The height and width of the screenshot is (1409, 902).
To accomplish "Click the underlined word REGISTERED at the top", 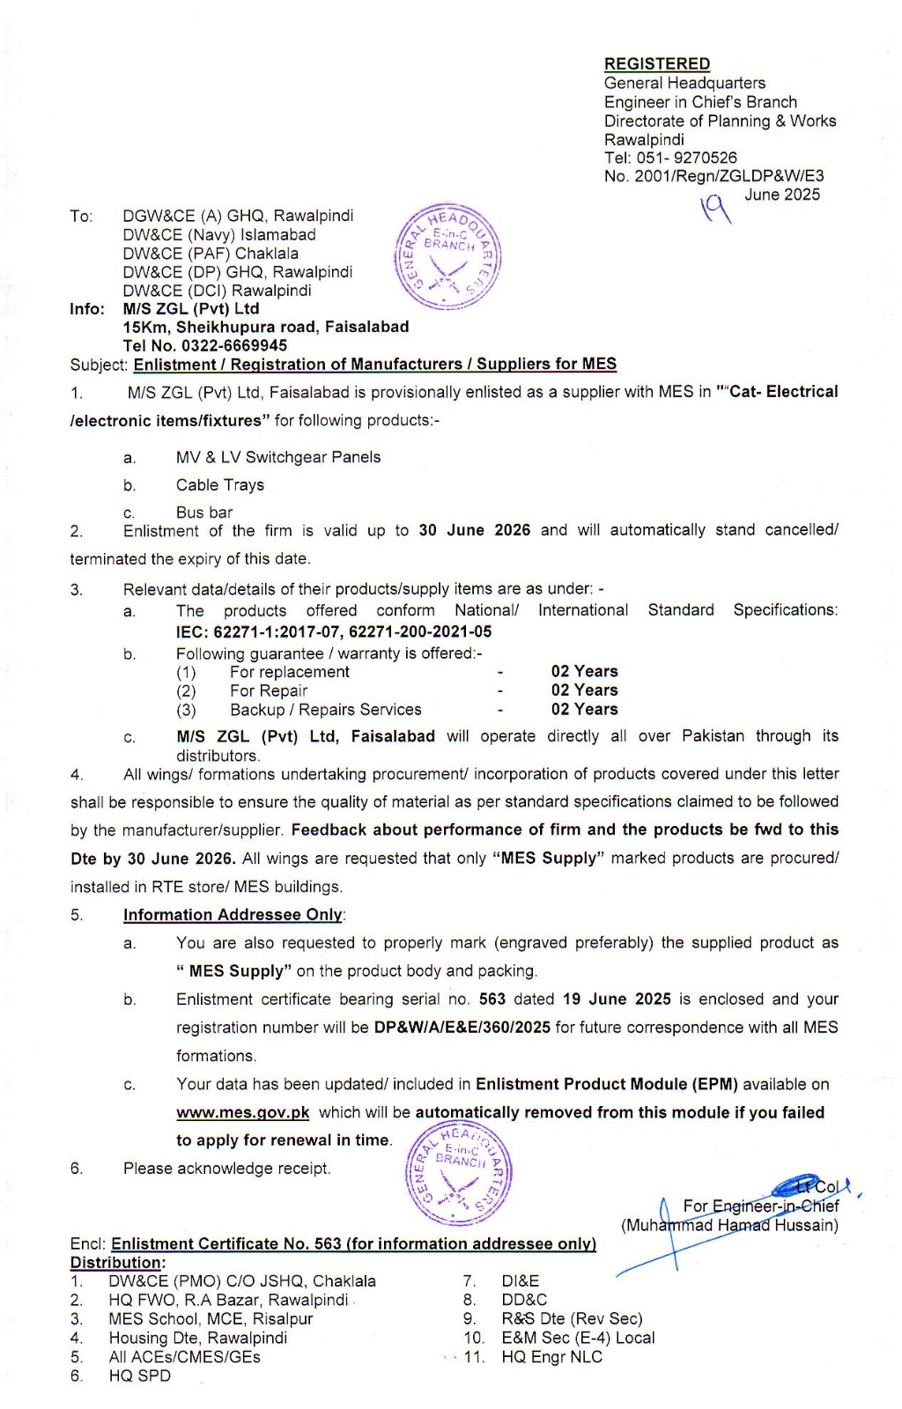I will click(x=656, y=63).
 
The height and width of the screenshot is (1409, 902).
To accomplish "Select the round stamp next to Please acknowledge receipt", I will click(x=458, y=1176).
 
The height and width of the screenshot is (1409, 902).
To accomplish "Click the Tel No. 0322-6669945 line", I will click(x=204, y=345).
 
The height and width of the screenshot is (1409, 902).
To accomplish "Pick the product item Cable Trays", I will click(x=219, y=485).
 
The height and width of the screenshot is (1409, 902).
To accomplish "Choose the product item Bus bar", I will click(x=203, y=513).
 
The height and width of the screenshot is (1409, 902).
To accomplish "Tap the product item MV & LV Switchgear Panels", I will click(x=277, y=457).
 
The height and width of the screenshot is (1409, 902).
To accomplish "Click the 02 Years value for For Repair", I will click(x=584, y=690).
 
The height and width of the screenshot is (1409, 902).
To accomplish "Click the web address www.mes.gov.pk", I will click(x=242, y=1112).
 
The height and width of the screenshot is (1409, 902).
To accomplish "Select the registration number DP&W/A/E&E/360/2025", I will click(x=462, y=1028).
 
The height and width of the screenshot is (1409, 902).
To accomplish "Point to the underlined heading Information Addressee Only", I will click(x=233, y=915).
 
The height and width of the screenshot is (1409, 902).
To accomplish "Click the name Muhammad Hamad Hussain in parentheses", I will click(x=729, y=1225).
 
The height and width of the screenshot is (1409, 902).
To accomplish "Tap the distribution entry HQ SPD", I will click(x=139, y=1376).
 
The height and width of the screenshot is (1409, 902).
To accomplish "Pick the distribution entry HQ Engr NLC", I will click(x=551, y=1357).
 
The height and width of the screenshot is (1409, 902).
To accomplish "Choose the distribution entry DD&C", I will click(x=524, y=1300).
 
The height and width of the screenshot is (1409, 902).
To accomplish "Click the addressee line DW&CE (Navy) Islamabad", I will click(x=218, y=235).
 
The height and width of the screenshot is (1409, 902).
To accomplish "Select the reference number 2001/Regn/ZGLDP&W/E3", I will click(x=728, y=176).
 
